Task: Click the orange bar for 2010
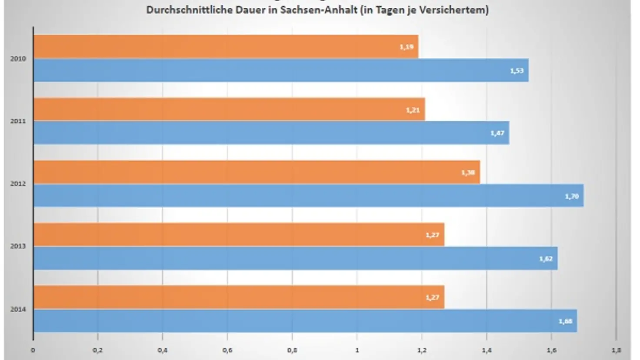tap(226, 47)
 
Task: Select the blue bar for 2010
tap(281, 70)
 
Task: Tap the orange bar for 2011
tap(229, 109)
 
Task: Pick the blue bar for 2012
tap(308, 196)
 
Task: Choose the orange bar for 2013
tap(239, 234)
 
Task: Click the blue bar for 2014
tap(305, 321)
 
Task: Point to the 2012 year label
tap(18, 184)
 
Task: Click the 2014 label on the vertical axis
tap(18, 309)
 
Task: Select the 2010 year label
tap(18, 59)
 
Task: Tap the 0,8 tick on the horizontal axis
tap(292, 350)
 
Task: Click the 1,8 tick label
tap(616, 350)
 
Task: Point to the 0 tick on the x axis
tap(33, 350)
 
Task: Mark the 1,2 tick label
tap(422, 350)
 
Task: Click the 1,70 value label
tap(572, 197)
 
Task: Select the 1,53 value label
tap(517, 71)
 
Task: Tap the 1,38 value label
tap(468, 173)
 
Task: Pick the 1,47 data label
tap(497, 133)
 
